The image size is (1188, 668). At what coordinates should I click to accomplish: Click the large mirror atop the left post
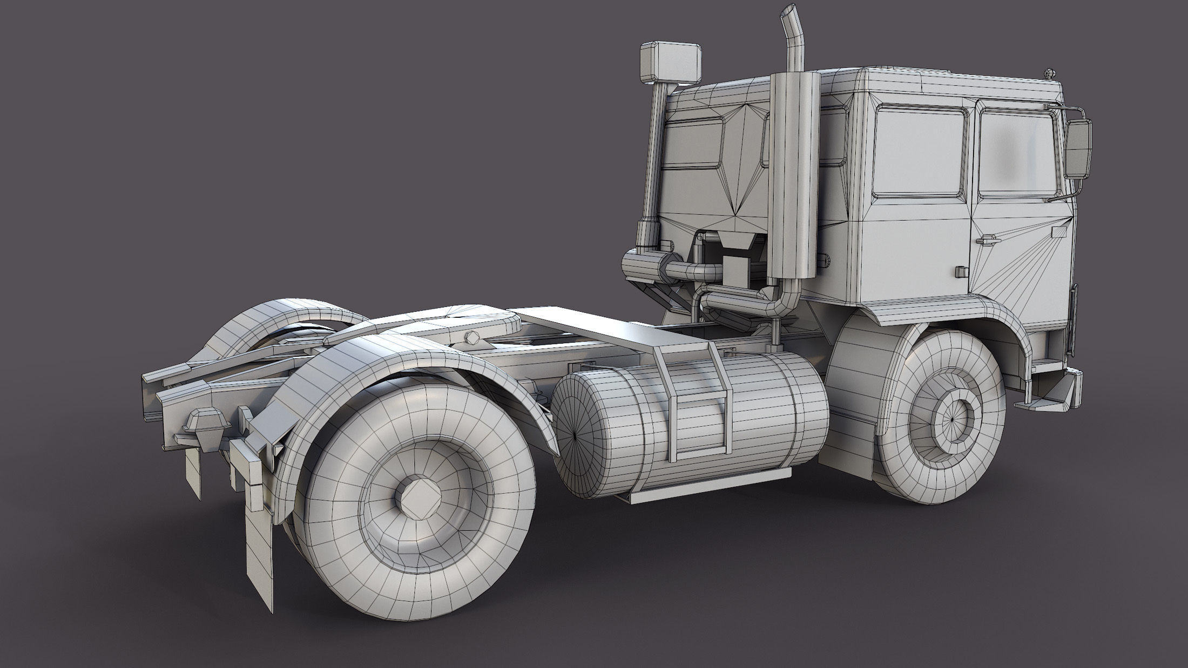(671, 65)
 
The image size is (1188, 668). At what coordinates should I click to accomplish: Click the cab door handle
(984, 239)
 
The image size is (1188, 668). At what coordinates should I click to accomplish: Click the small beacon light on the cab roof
(1049, 72)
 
